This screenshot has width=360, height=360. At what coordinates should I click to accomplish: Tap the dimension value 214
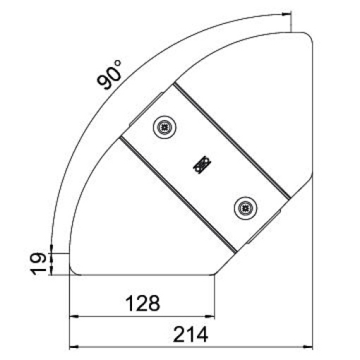pos(191,334)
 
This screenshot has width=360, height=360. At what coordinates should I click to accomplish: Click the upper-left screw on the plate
pos(164,128)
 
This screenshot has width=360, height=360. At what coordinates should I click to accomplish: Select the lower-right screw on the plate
pos(244,207)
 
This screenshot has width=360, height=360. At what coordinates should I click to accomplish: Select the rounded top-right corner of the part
pos(306,36)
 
